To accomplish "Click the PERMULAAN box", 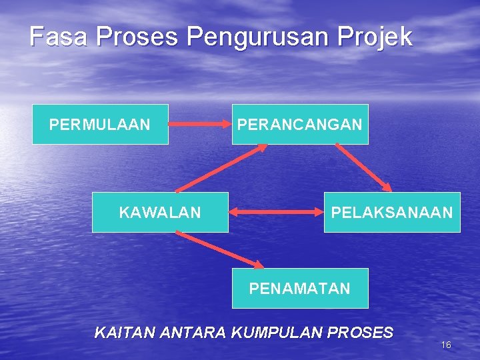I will click(100, 124).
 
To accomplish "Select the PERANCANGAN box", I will click(300, 124).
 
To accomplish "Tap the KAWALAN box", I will click(160, 212).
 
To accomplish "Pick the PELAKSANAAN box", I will click(392, 212).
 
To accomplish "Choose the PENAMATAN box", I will click(300, 288).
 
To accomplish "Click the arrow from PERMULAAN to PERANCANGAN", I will click(199, 124).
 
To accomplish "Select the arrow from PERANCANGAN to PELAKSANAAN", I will click(363, 167).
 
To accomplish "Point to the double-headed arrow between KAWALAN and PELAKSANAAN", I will click(276, 213).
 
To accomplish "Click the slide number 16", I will click(446, 345).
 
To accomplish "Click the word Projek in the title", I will click(379, 37).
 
